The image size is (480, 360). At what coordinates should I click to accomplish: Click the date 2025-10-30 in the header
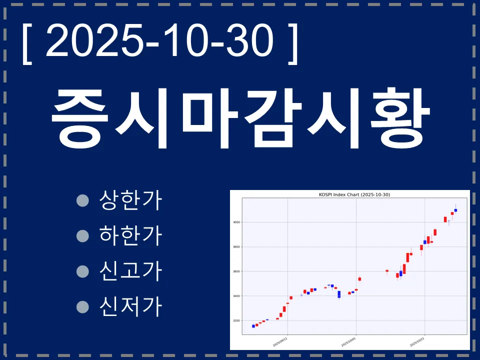click(x=160, y=41)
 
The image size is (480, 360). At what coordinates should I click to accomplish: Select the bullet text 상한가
click(x=131, y=200)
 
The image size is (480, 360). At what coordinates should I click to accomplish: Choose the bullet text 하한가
click(x=131, y=235)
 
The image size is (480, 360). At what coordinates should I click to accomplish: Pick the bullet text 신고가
click(x=131, y=270)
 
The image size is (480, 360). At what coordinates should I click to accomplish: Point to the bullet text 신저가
click(x=131, y=305)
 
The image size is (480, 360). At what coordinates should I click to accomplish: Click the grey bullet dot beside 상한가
click(x=82, y=200)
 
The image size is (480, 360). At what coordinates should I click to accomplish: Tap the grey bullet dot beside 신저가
click(x=82, y=305)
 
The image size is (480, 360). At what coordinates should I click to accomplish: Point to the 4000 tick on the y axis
click(x=236, y=222)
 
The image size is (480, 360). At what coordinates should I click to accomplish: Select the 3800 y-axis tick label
click(x=236, y=247)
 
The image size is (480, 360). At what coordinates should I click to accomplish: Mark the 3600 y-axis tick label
click(x=236, y=271)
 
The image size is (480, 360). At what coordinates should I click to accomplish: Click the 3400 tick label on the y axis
click(x=236, y=296)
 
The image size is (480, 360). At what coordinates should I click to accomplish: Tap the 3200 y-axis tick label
click(x=236, y=320)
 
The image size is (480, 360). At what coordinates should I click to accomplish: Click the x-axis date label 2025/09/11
click(x=280, y=341)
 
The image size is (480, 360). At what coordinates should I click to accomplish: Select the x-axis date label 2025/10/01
click(x=348, y=341)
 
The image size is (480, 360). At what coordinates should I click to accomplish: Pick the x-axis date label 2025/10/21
click(x=417, y=341)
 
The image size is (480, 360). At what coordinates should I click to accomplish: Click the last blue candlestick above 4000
click(x=455, y=210)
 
